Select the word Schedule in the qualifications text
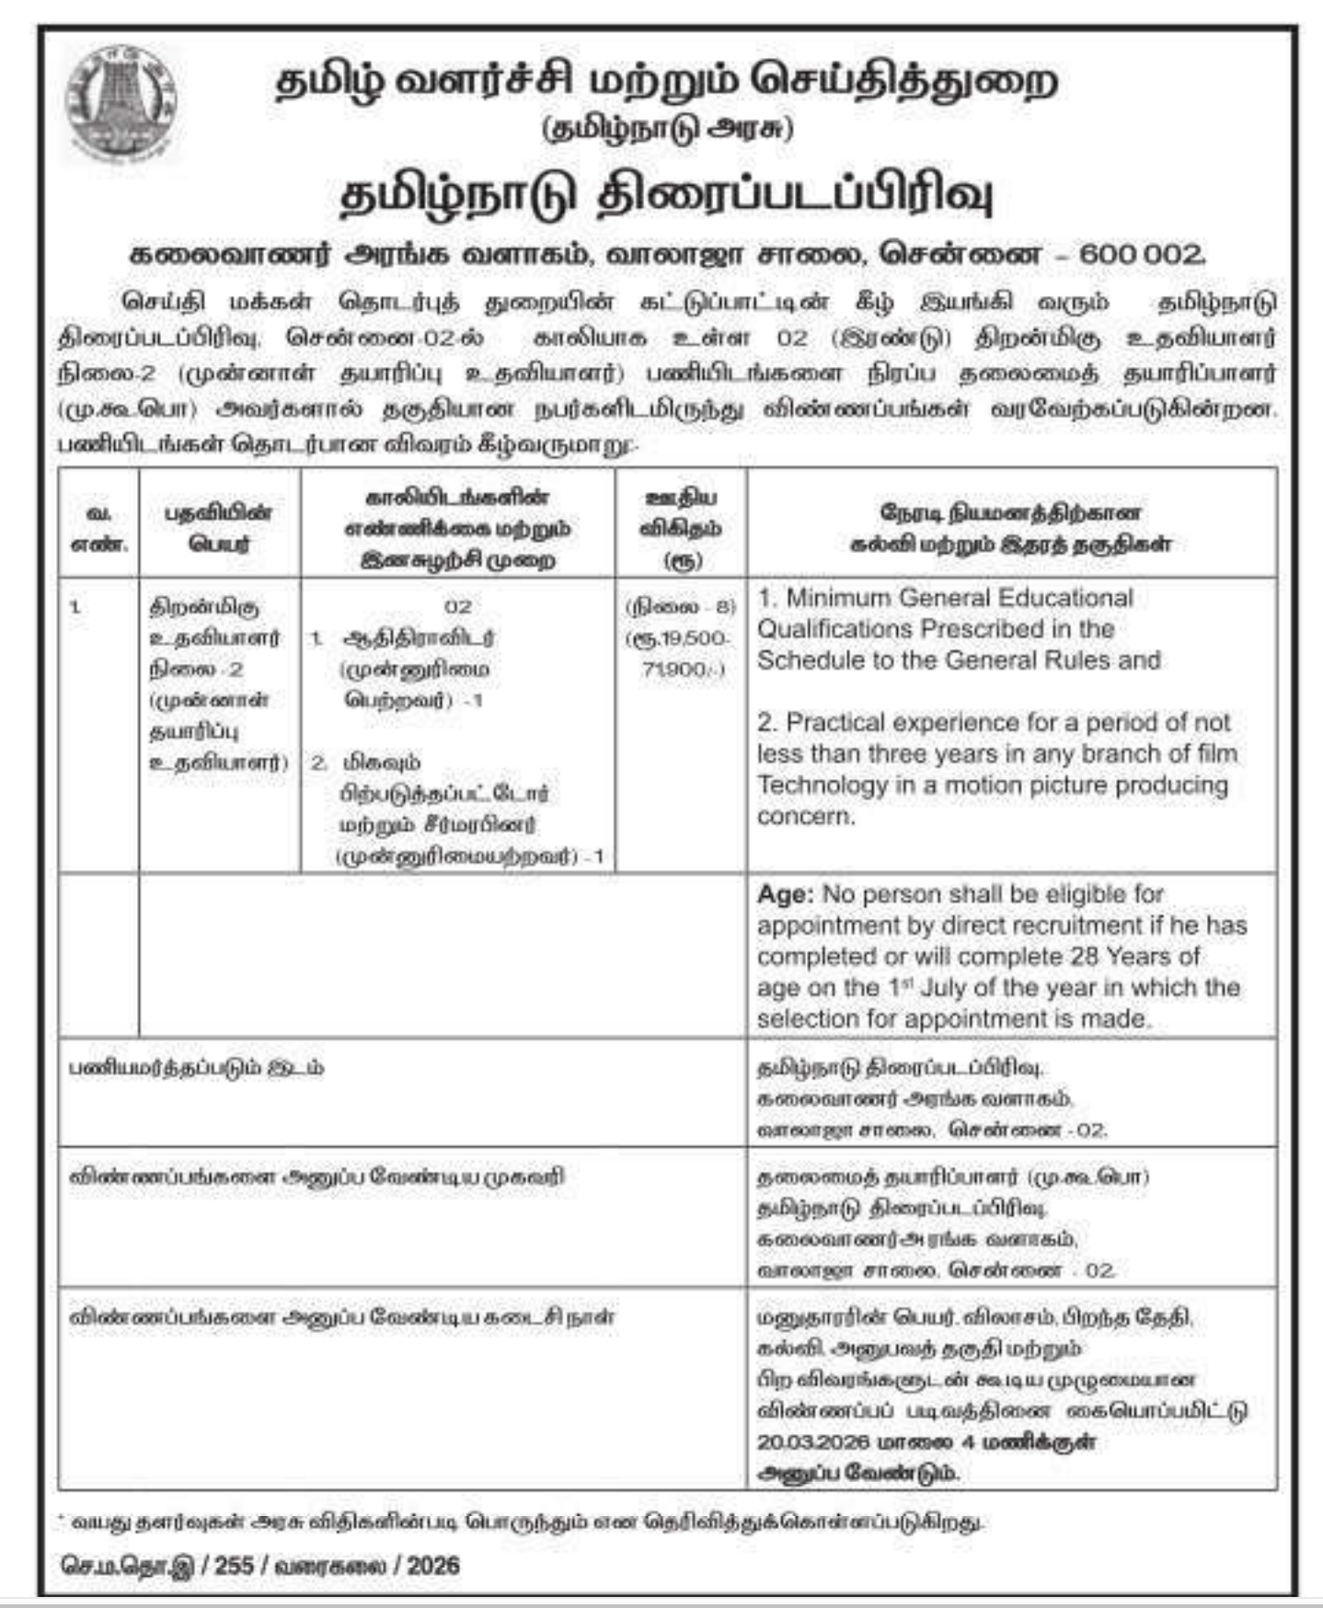click(801, 660)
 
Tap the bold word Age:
click(785, 894)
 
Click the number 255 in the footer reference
click(234, 1566)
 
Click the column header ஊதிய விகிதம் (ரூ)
click(681, 528)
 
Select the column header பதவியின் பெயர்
click(219, 528)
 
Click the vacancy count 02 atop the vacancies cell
click(457, 607)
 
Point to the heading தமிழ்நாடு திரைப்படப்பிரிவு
click(667, 196)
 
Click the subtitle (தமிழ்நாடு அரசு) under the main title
click(667, 129)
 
